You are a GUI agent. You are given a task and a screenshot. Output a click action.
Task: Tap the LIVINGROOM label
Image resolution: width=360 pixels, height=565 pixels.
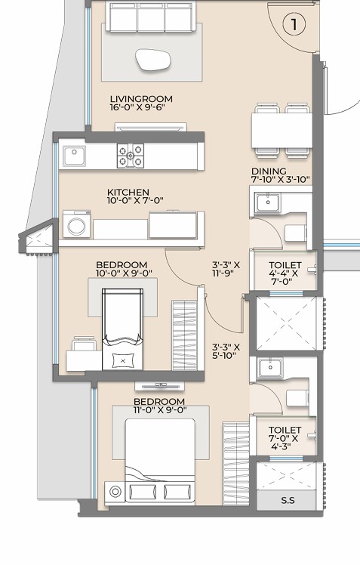coord(141,98)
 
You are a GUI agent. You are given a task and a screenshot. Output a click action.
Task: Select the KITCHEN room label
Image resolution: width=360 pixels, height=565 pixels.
coord(128,192)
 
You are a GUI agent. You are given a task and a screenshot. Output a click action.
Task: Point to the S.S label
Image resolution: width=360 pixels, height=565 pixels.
coord(288,500)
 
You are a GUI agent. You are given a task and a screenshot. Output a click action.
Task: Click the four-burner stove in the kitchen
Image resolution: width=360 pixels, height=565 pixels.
coord(131,156)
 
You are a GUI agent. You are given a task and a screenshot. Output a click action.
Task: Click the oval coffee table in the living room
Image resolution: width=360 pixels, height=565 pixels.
coord(152,59)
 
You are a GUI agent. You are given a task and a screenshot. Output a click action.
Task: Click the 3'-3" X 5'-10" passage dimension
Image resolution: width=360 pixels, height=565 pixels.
coord(226,352)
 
